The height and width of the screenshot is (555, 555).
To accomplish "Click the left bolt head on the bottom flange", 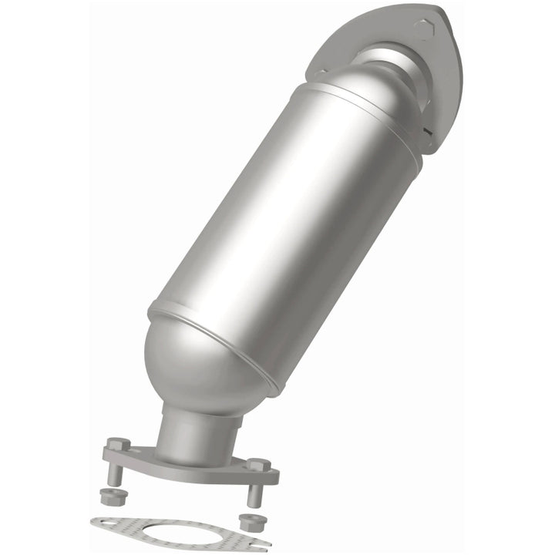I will pos(116,445).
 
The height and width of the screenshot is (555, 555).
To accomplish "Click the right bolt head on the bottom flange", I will pos(257,466).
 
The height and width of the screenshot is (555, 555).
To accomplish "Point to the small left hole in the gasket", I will pos(109,523).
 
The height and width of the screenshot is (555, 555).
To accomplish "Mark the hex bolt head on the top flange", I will pos(423,29).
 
